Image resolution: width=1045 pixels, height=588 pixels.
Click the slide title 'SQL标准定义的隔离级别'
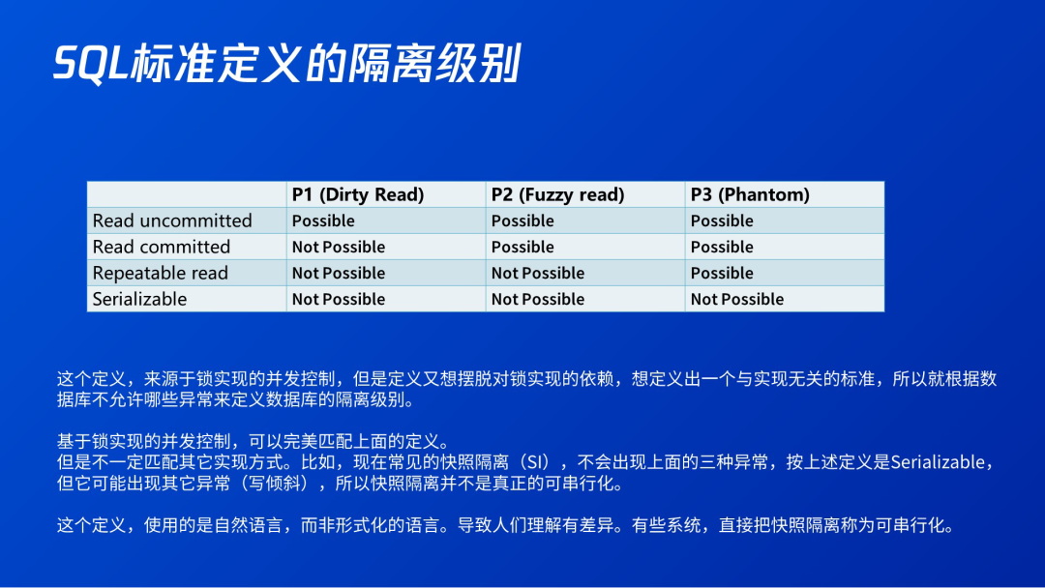click(286, 64)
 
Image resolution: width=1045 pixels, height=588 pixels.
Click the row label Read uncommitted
click(172, 220)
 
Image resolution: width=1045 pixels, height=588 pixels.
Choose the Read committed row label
click(162, 247)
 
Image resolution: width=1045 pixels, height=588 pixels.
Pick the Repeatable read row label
click(160, 273)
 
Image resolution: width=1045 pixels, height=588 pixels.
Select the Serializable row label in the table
click(139, 299)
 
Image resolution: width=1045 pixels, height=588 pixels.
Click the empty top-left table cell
click(187, 194)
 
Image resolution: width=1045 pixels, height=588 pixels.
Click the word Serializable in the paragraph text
click(937, 462)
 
